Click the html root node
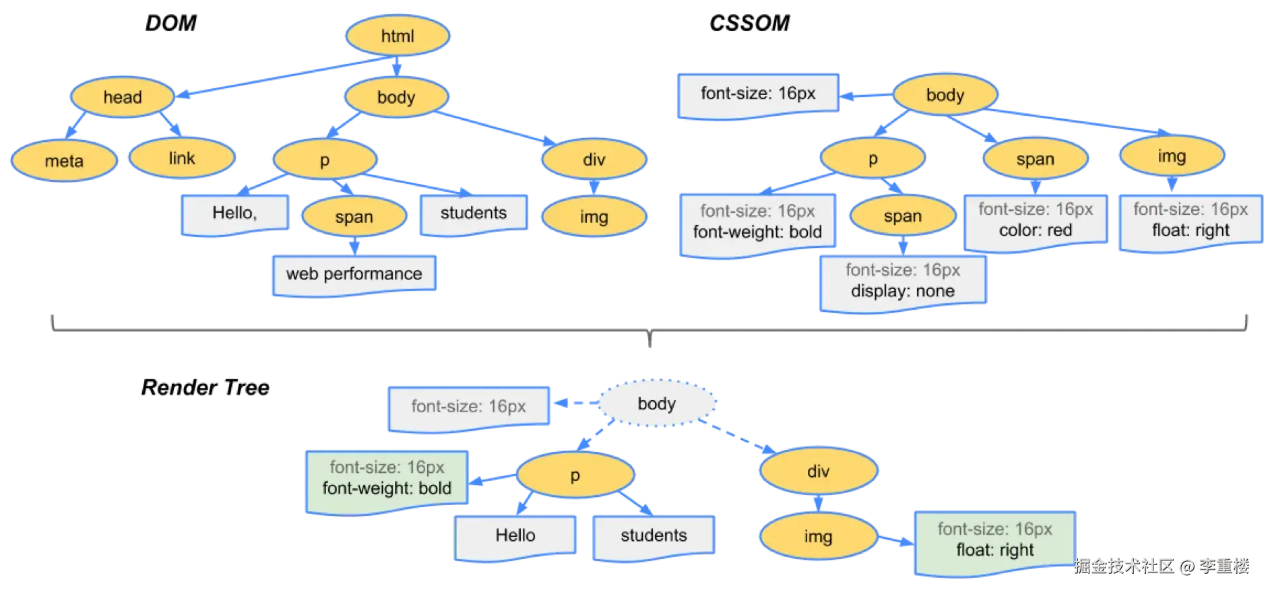point(397,36)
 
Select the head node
point(122,97)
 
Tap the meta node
point(64,161)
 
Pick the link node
point(182,158)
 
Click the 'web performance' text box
point(354,274)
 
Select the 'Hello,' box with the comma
point(234,213)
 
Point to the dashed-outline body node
point(656,403)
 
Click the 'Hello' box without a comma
point(515,536)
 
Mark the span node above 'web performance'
point(354,217)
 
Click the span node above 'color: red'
point(1035,160)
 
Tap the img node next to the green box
point(817,537)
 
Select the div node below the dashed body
point(818,471)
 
